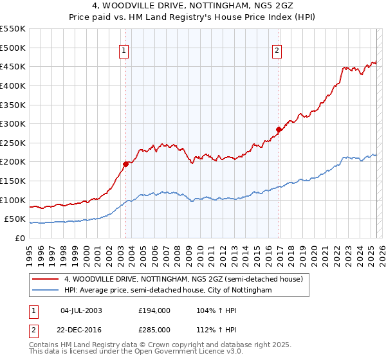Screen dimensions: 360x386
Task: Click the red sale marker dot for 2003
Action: pyautogui.click(x=126, y=164)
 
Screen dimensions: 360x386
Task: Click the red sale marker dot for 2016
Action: pyautogui.click(x=279, y=129)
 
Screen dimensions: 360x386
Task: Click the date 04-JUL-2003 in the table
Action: pyautogui.click(x=81, y=310)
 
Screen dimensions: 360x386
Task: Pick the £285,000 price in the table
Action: pyautogui.click(x=154, y=329)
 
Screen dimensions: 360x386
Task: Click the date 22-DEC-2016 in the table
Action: pyautogui.click(x=82, y=329)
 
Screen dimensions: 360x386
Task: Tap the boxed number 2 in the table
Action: pyautogui.click(x=32, y=329)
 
